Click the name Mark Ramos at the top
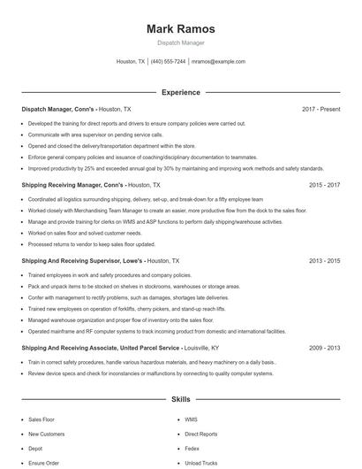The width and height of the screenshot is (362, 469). point(180,28)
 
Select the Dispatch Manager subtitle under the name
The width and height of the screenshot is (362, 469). point(180,42)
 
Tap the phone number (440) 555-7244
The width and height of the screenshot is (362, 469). point(168,62)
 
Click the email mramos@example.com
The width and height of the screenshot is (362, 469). point(218,62)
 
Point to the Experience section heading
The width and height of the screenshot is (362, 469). point(180,92)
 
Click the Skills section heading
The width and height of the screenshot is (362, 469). point(180,400)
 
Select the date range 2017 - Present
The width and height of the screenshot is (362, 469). point(321,109)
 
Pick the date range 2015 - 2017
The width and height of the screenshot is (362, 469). point(324,186)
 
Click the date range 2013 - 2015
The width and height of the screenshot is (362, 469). point(324,262)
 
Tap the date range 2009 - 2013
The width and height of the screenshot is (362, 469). point(324,349)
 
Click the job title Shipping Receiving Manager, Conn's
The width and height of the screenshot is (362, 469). point(72,186)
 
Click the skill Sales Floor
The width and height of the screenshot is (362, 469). point(41,419)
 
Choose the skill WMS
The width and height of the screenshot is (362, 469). point(191,419)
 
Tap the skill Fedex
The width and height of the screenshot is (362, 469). point(192,449)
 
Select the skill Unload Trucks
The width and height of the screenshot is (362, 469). point(200,463)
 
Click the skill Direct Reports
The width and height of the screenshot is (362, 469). point(200,434)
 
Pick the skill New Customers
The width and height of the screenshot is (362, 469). point(46,434)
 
